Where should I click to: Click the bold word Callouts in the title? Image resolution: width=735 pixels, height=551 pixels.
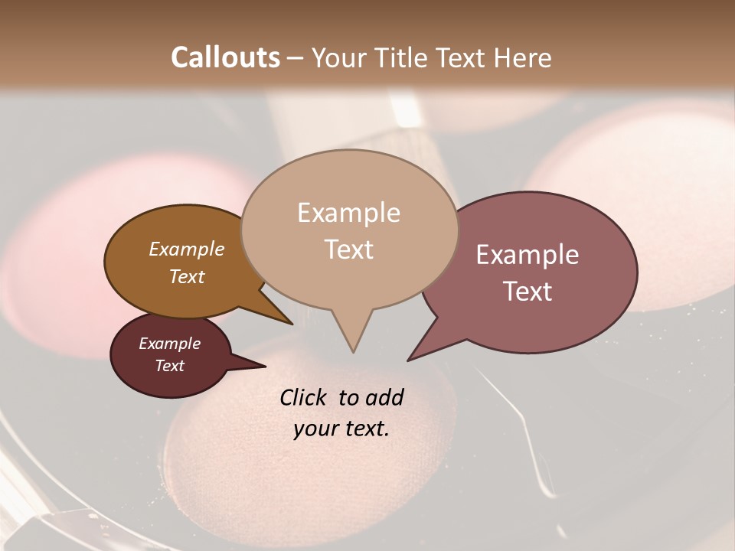click(225, 57)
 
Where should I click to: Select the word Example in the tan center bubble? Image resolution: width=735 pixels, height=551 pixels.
click(348, 213)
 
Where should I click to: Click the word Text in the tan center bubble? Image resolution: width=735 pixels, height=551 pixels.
click(348, 249)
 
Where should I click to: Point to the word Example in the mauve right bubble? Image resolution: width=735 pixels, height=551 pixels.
click(528, 255)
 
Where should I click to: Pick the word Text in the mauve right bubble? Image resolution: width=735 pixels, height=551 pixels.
click(528, 291)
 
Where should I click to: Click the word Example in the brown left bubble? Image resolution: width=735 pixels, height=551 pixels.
click(186, 249)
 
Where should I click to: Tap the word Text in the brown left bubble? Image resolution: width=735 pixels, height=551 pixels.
click(186, 276)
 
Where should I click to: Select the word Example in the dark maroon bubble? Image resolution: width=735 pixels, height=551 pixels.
click(169, 344)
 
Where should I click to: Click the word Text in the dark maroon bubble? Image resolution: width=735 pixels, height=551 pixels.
click(169, 366)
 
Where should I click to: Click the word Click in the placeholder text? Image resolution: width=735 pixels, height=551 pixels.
click(305, 397)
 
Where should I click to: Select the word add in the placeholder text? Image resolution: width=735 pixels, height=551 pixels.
click(385, 397)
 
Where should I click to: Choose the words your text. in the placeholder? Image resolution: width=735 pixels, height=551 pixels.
click(341, 429)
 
